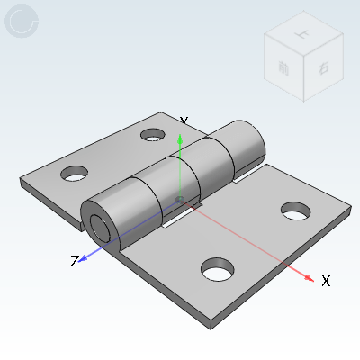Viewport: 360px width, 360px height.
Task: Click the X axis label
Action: pos(326,281)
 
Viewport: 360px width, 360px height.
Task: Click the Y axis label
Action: pos(183,121)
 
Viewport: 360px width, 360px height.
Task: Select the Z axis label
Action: pos(76,261)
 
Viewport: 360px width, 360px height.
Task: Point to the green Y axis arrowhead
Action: pos(181,138)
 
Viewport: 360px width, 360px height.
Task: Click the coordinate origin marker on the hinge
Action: pos(180,199)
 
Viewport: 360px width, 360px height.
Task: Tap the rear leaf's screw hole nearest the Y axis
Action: pos(153,134)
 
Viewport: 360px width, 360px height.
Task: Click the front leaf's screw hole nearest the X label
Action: pos(294,210)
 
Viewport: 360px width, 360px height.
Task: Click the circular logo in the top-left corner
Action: pos(22,22)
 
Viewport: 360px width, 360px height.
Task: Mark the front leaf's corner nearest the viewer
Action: pos(212,320)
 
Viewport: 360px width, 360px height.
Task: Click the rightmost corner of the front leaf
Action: pos(349,214)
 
